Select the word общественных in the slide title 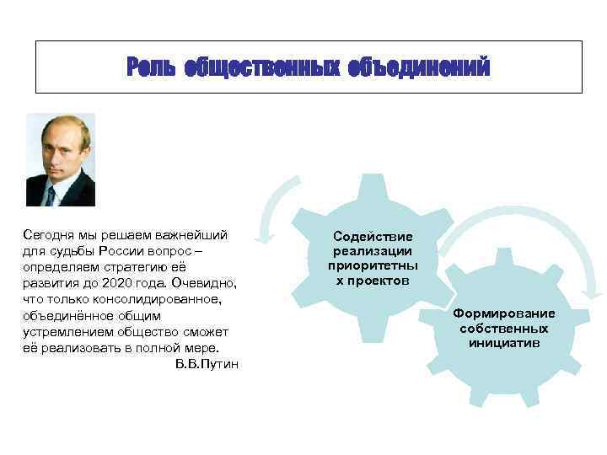pos(261,67)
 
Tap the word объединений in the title pos(418,67)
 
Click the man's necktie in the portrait pos(51,195)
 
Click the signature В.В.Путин pos(207,363)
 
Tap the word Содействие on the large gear pos(372,238)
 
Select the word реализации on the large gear pos(372,251)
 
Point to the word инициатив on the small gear pos(503,343)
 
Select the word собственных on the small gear pos(503,329)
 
